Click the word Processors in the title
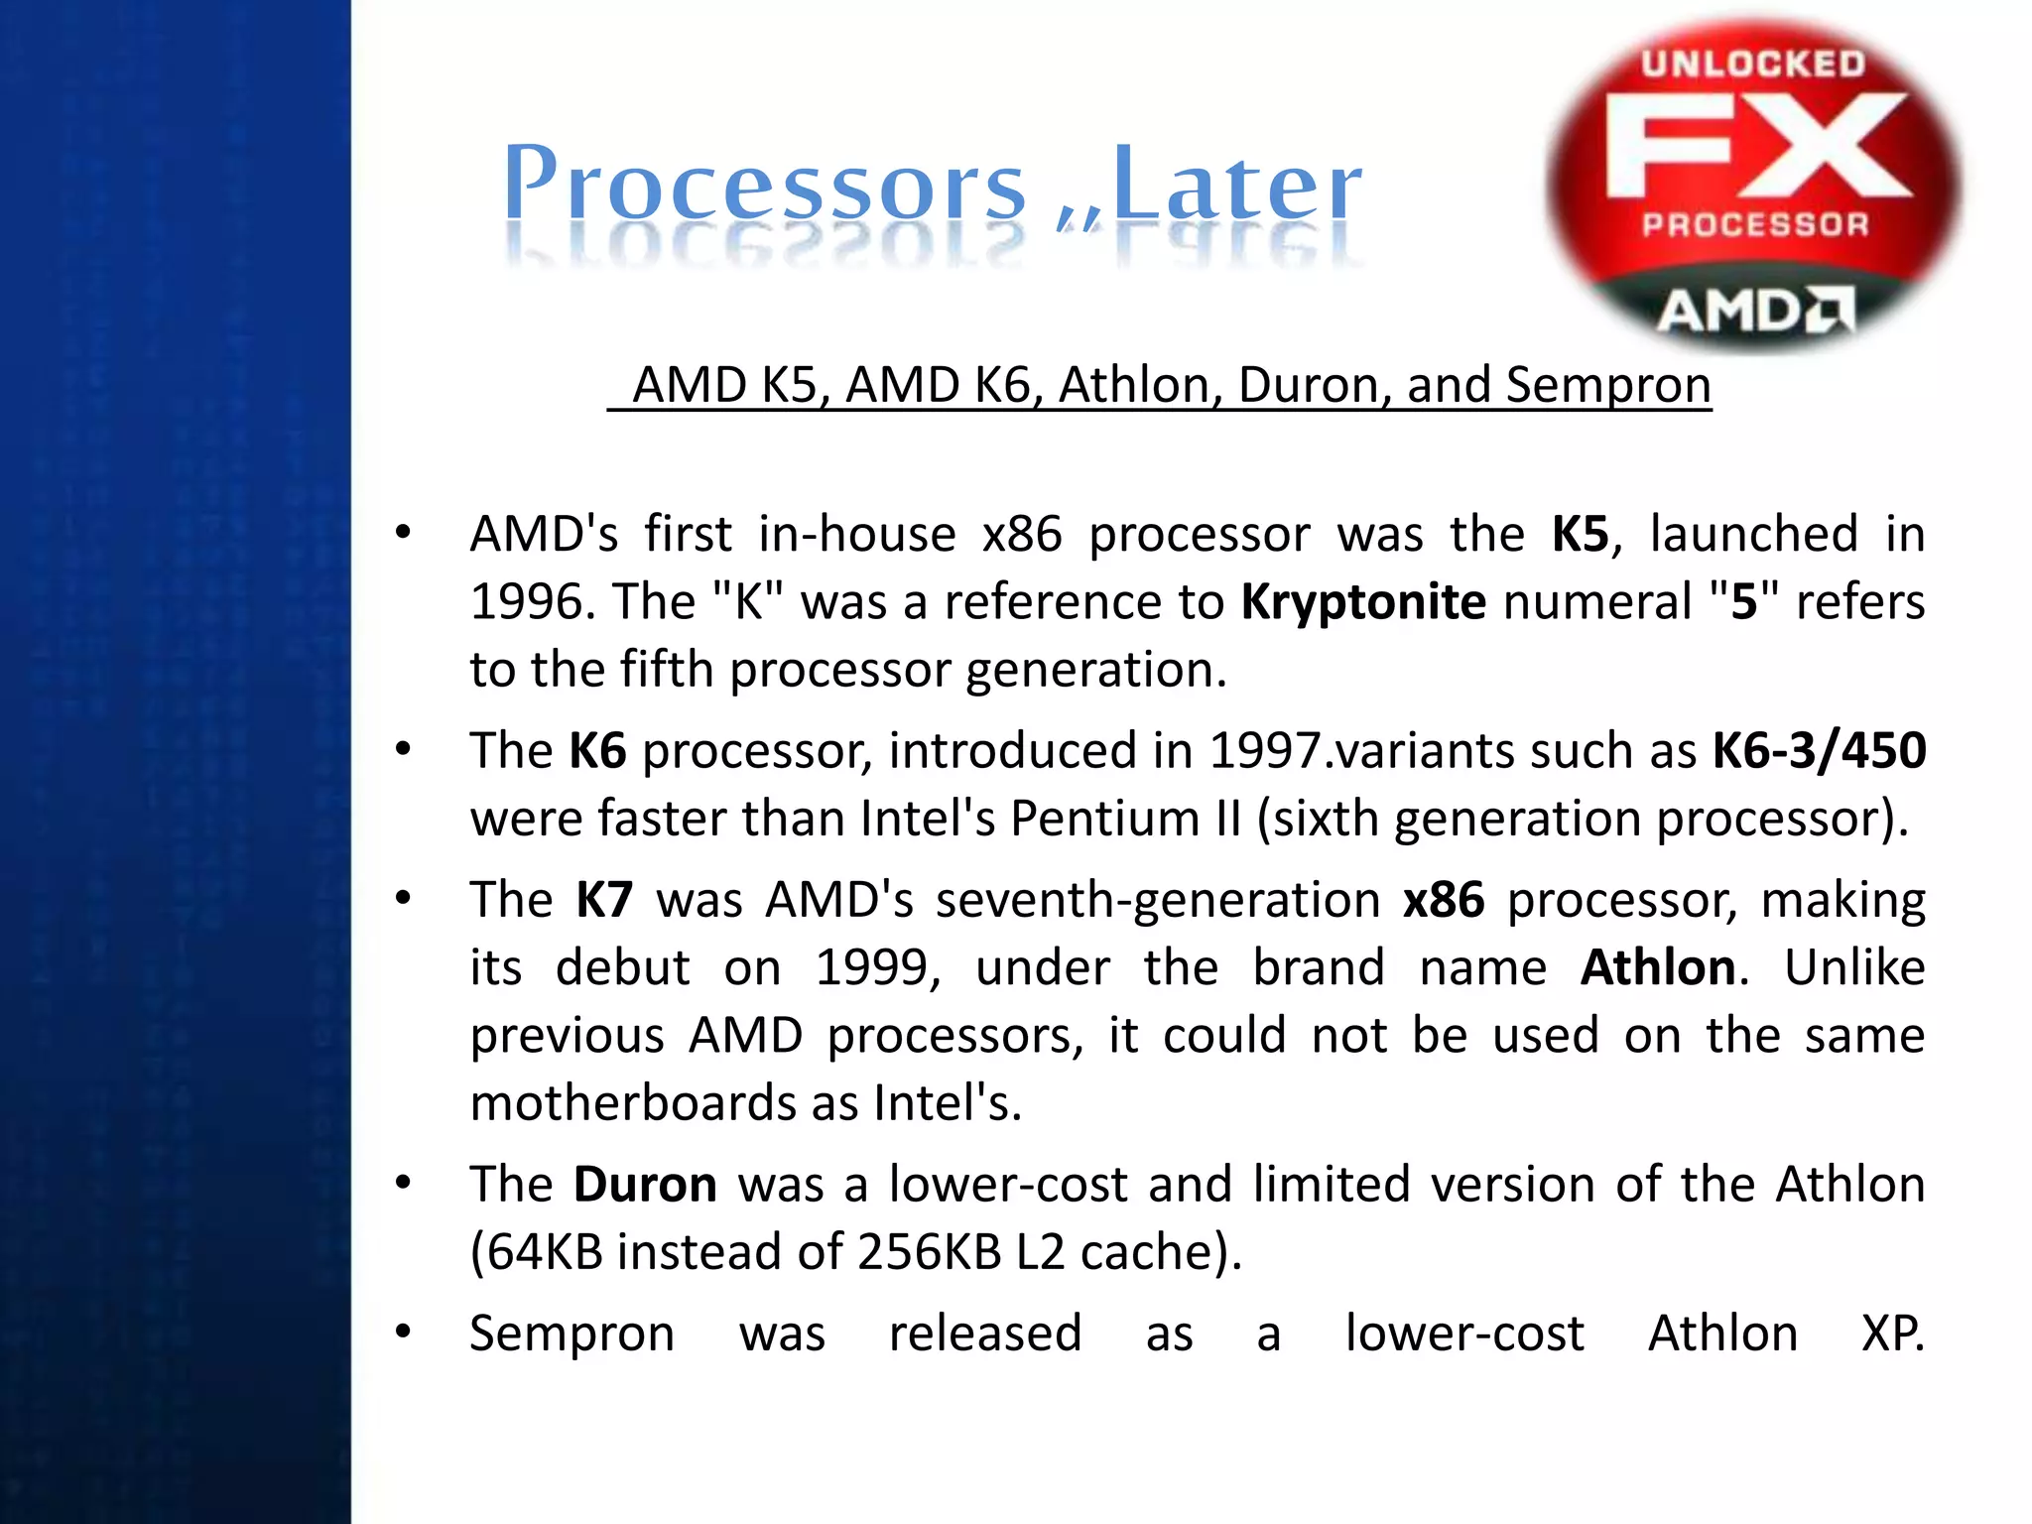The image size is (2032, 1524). point(764,185)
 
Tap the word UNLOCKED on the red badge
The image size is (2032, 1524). point(1753,64)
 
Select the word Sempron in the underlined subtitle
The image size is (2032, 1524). point(1607,385)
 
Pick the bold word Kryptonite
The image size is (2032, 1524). point(1363,601)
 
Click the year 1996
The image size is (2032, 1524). point(526,601)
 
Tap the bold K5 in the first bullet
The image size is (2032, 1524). point(1580,534)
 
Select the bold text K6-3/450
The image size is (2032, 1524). point(1819,750)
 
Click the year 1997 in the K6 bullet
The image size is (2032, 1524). point(1266,750)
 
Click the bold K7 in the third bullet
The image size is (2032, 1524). point(603,900)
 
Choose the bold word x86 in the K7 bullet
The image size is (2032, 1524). point(1444,900)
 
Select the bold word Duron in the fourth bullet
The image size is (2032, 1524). point(645,1185)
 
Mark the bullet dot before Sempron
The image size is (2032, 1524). point(403,1332)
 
